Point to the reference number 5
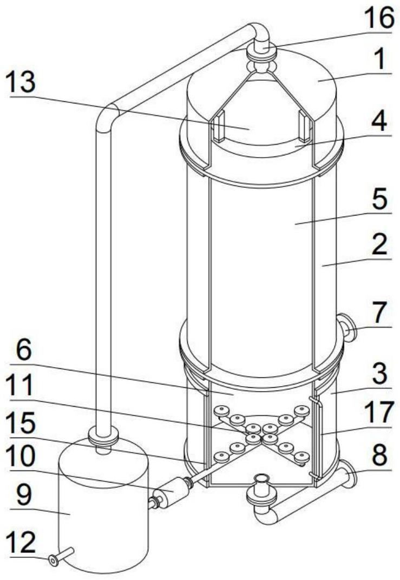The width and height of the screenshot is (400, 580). [379, 199]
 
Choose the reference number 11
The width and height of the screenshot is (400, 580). [22, 386]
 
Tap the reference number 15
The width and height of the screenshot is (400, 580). [23, 422]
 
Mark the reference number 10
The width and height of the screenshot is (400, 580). [23, 458]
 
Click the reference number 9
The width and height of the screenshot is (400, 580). [23, 496]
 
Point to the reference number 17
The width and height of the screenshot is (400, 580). [378, 413]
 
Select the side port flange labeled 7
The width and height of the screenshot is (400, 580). [347, 326]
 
